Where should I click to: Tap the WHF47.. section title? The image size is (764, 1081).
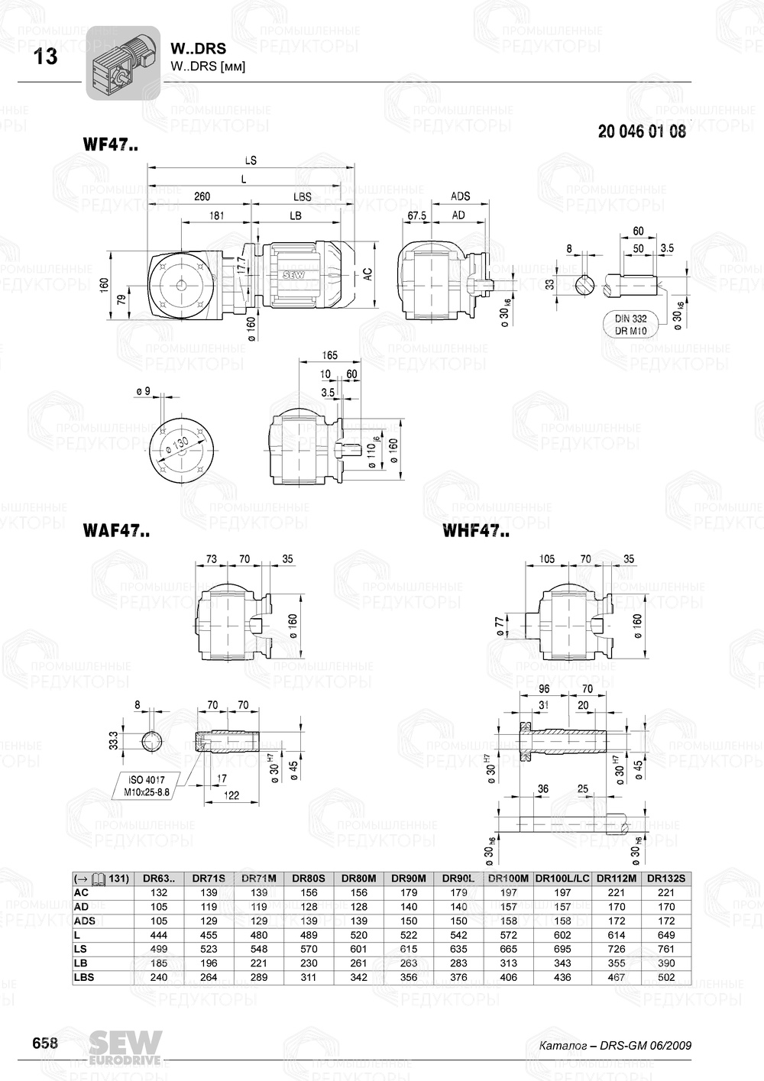(475, 532)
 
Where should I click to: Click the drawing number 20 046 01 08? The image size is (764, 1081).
(642, 131)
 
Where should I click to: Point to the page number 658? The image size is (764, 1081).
(45, 1044)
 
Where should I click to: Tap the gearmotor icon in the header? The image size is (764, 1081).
(122, 63)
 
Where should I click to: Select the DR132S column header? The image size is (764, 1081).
(665, 879)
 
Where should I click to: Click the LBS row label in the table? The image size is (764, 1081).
(85, 977)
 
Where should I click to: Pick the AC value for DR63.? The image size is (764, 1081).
(159, 893)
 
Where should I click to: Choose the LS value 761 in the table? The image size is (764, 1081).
(665, 949)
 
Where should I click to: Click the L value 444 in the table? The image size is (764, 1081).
(159, 935)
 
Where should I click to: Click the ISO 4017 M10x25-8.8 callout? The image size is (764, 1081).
(147, 786)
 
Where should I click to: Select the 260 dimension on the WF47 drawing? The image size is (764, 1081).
(202, 197)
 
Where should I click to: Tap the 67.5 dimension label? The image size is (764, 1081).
(416, 216)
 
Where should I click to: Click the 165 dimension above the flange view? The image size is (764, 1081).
(329, 355)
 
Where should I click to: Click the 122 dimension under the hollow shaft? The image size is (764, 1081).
(231, 795)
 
